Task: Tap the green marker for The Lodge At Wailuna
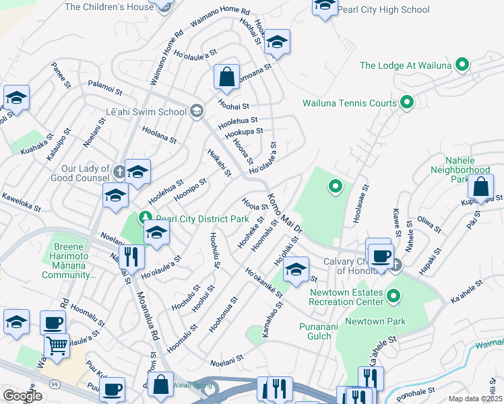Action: coord(462,65)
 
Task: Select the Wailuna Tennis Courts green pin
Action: coord(407,103)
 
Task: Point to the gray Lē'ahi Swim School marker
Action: coord(196,112)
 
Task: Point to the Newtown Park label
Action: coord(375,321)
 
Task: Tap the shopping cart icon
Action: coord(57,345)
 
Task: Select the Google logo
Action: coord(22,396)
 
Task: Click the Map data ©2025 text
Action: coord(475,399)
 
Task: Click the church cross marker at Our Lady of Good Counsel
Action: coord(119,171)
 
